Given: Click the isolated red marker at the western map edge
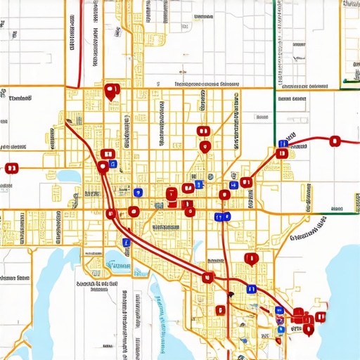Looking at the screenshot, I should coord(11,168).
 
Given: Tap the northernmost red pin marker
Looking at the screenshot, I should coord(110,91).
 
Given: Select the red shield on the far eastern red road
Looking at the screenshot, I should coord(335,141).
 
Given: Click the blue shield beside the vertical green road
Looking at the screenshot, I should coord(282,143).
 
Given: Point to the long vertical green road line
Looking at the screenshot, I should coord(274,105).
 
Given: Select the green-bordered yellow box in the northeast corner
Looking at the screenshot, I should coord(350,42).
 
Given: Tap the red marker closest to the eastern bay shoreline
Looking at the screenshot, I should coord(321,317).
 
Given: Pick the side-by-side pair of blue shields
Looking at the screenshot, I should coord(223,217).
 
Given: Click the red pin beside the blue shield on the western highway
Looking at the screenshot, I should coord(103,167).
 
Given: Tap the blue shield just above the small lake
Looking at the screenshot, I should coord(127,242).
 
